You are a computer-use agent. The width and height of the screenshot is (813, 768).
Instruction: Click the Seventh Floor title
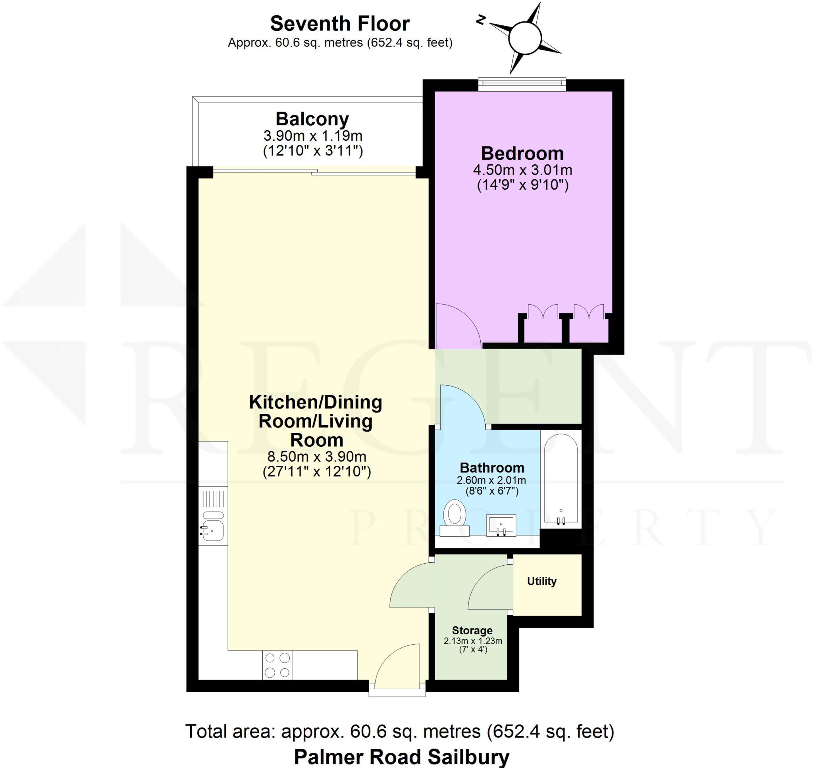click(x=339, y=24)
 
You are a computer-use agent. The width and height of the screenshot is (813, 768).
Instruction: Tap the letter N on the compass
click(x=480, y=19)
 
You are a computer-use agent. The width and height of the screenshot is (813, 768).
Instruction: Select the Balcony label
click(x=312, y=119)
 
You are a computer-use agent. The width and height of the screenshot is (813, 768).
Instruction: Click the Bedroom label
click(x=522, y=154)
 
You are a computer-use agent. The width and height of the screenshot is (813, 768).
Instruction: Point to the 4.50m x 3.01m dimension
click(x=522, y=169)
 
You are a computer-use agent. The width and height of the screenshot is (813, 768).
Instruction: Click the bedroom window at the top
click(x=522, y=85)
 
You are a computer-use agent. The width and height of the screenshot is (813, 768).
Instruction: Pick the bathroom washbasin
click(x=501, y=525)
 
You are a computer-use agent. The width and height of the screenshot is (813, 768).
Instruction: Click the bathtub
click(x=561, y=478)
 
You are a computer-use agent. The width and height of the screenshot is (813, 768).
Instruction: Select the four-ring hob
click(x=277, y=665)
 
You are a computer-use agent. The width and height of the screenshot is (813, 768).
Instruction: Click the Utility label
click(x=541, y=581)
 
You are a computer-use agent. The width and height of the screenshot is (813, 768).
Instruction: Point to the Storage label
click(x=472, y=630)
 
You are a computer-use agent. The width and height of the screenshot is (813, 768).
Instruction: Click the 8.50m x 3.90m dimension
click(x=317, y=456)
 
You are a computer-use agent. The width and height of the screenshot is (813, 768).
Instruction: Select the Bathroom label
click(x=491, y=468)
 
